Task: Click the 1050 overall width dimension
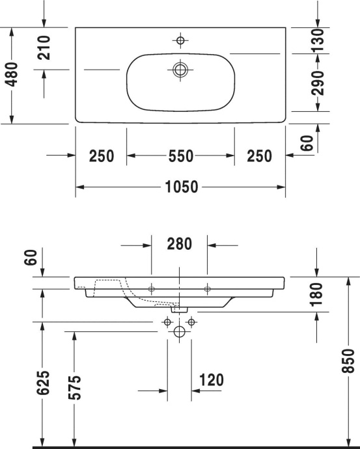[x=180, y=187]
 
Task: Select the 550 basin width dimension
[x=180, y=156]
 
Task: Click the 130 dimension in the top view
[x=317, y=41]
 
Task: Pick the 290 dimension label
[x=317, y=83]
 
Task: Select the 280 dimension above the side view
[x=179, y=245]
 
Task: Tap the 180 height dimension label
[x=317, y=294]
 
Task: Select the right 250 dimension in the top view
[x=259, y=156]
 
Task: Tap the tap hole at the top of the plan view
[x=180, y=40]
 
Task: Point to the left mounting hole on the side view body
[x=151, y=288]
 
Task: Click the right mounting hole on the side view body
[x=207, y=288]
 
